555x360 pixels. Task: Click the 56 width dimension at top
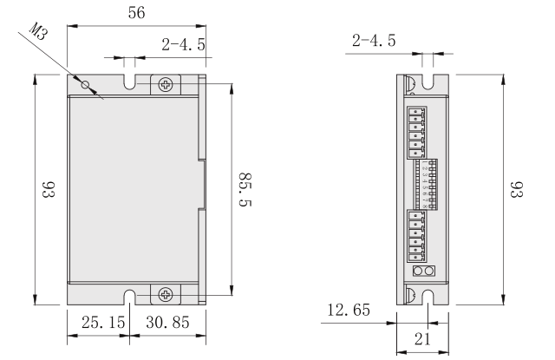click(136, 14)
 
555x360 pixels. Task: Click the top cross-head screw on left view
click(166, 84)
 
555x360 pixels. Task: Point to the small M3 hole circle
click(85, 84)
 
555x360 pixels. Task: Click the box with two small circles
click(423, 272)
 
